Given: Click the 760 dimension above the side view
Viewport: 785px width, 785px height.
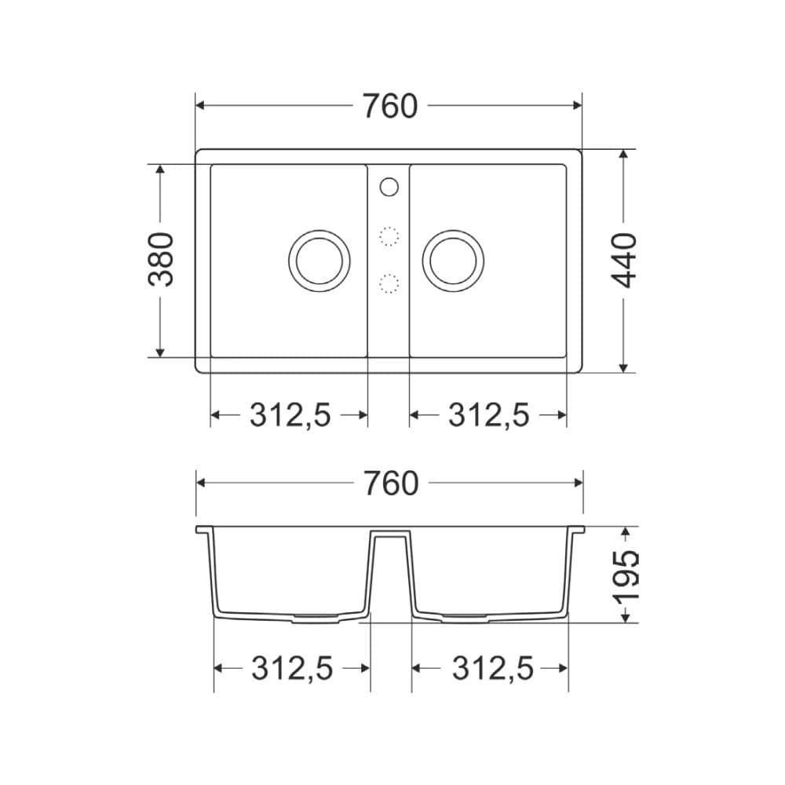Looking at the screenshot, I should (389, 484).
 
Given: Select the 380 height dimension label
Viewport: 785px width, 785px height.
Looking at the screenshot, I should (162, 259).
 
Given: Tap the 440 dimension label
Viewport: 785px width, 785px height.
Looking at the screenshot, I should (624, 260).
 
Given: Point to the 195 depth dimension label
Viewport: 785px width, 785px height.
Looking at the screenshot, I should (626, 575).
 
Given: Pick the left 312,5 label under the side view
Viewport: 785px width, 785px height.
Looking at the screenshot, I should (292, 669).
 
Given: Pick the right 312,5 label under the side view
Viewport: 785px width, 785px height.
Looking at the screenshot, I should (491, 669).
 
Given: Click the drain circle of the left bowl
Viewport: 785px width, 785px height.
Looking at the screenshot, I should (318, 260).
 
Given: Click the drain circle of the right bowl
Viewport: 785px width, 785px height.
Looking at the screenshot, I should (453, 260).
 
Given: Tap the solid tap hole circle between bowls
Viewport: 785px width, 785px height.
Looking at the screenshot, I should (389, 187).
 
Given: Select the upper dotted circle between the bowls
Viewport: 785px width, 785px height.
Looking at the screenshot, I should (389, 236).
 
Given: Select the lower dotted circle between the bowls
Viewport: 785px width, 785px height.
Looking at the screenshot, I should (389, 284).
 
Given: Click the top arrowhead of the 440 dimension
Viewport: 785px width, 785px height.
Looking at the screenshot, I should (624, 155).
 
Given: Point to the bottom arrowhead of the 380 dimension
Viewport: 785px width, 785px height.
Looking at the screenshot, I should (160, 352).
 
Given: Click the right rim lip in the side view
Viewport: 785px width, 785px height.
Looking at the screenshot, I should (579, 530).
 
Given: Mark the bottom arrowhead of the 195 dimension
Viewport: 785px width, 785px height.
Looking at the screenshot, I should (625, 617).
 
